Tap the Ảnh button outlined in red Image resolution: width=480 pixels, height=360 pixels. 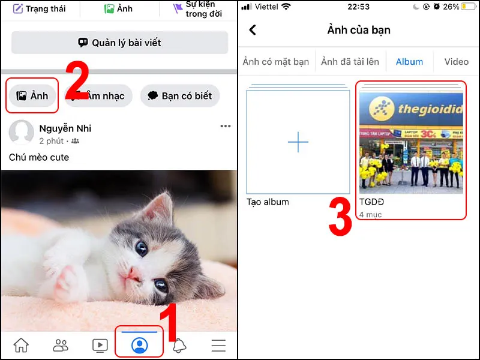tap(32, 96)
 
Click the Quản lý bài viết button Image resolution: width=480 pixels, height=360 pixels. tap(119, 43)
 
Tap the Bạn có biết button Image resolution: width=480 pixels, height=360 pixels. tap(180, 96)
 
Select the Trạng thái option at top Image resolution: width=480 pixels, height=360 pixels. tap(39, 9)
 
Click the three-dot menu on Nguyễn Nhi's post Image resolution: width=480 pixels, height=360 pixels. tap(225, 126)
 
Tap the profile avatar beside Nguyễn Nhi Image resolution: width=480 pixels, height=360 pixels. tap(21, 133)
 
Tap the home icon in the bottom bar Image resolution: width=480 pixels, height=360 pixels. tap(21, 345)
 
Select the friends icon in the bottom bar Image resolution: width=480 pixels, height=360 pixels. tap(61, 345)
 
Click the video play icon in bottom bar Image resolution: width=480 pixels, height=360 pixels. tap(100, 345)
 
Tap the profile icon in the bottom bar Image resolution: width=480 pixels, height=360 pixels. tap(139, 345)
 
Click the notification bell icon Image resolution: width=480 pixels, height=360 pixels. tap(179, 345)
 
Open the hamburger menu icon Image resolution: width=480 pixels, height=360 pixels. tap(218, 345)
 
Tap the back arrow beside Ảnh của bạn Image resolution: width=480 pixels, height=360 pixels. tap(253, 30)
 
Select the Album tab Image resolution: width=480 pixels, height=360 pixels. tap(409, 61)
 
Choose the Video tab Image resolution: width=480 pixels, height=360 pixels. tap(456, 61)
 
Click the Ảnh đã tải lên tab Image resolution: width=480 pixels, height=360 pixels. tap(350, 61)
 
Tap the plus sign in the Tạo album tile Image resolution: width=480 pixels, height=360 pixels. tap(298, 142)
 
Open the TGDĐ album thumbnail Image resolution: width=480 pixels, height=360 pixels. tap(411, 143)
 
